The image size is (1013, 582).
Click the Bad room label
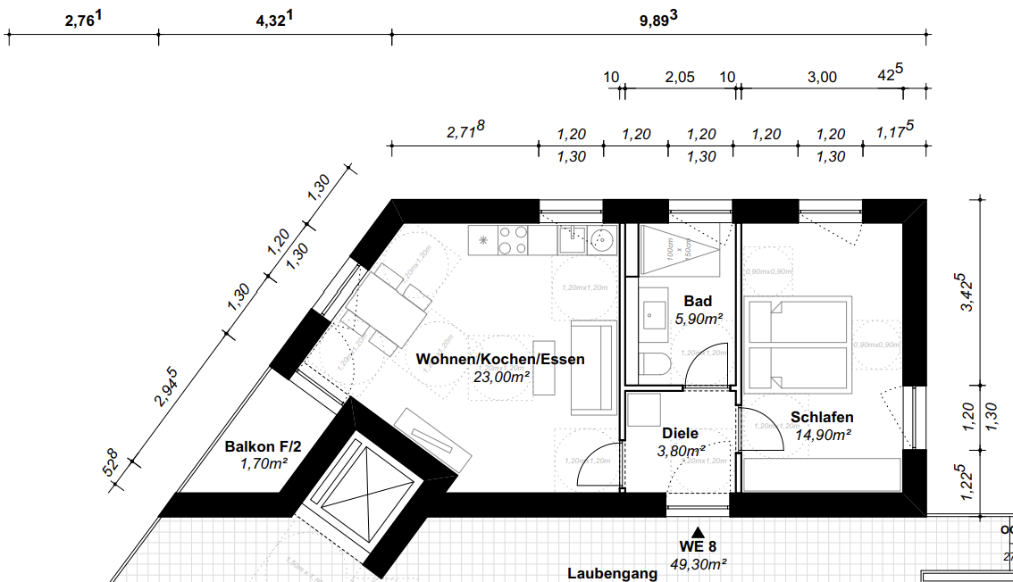[x=698, y=301]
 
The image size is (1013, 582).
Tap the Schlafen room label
[x=822, y=417]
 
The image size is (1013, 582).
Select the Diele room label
[x=680, y=433]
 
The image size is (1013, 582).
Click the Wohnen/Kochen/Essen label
[x=500, y=360]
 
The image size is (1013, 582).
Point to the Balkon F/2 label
[x=257, y=446]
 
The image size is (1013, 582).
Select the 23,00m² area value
[x=502, y=377]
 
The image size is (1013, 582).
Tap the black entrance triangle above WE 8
[x=699, y=531]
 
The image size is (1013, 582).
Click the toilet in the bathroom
[x=654, y=365]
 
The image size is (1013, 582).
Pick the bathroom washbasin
[x=654, y=314]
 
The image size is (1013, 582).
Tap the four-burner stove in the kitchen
[x=513, y=239]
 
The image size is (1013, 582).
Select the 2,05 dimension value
[x=679, y=78]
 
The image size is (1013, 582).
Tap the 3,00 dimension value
[x=822, y=78]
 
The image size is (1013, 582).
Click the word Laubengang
[x=613, y=573]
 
